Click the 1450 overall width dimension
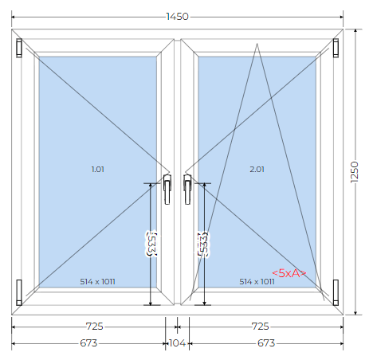pos(177,17)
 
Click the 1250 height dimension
pos(355,172)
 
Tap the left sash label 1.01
pos(98,169)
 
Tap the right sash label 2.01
pos(257,169)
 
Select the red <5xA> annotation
pos(289,273)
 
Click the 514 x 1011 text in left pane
pos(97,281)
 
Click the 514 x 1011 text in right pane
pos(257,281)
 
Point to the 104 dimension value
pos(177,343)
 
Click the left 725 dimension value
pos(94,326)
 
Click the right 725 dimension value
pos(260,326)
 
